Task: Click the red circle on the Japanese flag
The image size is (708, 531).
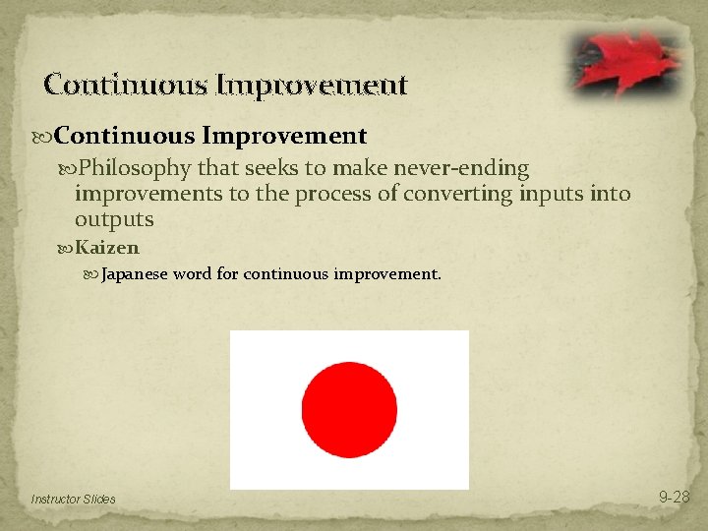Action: (x=349, y=409)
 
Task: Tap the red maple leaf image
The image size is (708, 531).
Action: (x=624, y=60)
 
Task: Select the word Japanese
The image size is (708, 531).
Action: (x=135, y=274)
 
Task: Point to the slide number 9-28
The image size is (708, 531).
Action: (x=674, y=498)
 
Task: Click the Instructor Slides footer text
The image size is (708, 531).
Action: (x=73, y=500)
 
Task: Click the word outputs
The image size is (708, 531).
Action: (x=114, y=220)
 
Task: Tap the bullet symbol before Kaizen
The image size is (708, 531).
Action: (x=66, y=248)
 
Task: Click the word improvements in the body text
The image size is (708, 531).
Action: (x=148, y=195)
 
